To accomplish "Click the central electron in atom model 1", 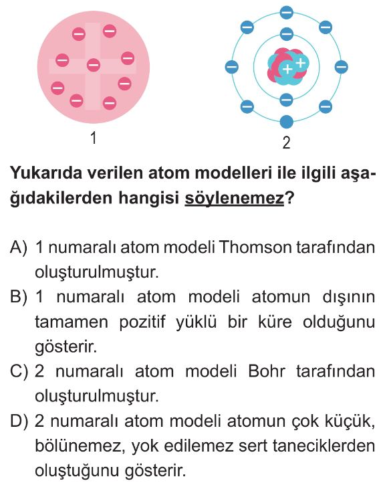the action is tap(94, 65).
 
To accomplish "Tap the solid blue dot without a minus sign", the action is tap(287, 121).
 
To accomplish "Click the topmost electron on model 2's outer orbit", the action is tap(287, 13).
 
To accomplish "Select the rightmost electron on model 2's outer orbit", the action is tap(341, 67).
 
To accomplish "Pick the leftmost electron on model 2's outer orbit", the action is tap(232, 67).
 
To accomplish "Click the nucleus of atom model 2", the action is tap(287, 67).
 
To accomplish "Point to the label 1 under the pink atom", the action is tap(94, 138).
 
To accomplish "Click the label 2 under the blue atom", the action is tap(286, 143).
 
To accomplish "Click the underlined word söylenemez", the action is tap(234, 198).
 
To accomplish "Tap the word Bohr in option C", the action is tap(267, 371).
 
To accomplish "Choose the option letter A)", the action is tap(19, 248).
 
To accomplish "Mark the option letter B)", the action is tap(19, 297).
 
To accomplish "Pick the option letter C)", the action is tap(19, 371).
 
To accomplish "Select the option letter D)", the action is tap(19, 421).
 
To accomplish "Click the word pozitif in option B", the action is tap(142, 322).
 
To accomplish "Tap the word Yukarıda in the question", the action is tap(46, 173).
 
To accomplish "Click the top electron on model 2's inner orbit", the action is tap(287, 33).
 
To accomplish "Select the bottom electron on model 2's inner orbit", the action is tap(287, 100).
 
